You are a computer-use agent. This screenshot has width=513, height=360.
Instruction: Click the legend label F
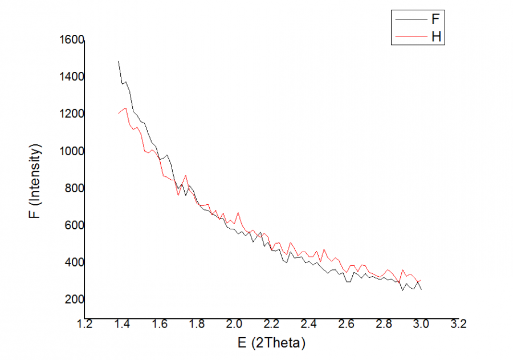coord(435,19)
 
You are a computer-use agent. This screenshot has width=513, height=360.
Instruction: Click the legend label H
coord(435,37)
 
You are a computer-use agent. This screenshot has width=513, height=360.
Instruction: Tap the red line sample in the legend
coord(410,37)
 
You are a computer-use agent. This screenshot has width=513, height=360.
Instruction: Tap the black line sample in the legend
coord(410,19)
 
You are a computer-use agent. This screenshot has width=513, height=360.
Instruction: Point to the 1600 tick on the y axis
coord(72,40)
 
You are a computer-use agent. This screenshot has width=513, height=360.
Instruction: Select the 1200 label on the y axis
coord(72,114)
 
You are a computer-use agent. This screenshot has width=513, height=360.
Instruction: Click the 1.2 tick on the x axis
coord(84,325)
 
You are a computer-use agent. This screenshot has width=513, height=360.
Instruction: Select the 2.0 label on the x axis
coord(234,325)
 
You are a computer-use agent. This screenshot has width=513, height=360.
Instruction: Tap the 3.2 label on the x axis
coord(458,325)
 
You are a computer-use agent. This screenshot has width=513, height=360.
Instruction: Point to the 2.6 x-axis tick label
coord(346,325)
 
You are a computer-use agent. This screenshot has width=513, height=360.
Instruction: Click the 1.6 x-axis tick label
coord(159,325)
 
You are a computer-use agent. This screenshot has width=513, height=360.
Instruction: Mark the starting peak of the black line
coord(119,61)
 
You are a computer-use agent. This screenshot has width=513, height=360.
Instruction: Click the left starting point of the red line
coord(119,114)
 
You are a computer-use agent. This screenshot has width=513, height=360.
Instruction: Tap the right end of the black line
coord(421,290)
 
